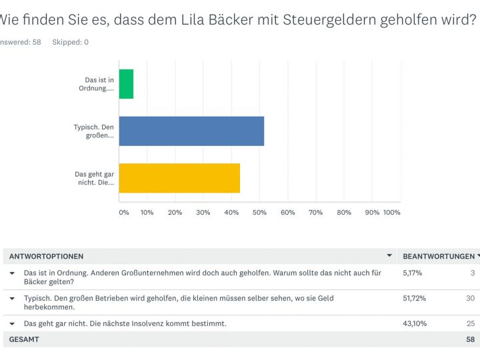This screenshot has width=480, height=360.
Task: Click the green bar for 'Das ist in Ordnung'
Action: (126, 85)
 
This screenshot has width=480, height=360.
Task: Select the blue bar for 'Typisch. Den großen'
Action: (191, 131)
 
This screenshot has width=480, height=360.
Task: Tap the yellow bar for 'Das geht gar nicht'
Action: (179, 178)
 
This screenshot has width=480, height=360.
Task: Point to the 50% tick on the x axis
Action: (259, 212)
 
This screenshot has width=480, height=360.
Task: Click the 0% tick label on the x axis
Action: (124, 212)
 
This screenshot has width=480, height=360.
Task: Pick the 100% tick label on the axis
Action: (392, 212)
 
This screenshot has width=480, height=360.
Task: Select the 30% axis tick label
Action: (203, 212)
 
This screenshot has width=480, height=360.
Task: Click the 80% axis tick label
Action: (344, 212)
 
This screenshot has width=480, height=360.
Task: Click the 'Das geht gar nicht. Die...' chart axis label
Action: (95, 178)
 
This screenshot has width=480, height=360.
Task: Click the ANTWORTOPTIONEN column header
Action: (46, 256)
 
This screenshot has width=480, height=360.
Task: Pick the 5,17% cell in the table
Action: (413, 273)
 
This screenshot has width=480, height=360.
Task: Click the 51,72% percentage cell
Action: (415, 298)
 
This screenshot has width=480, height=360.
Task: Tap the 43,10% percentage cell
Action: (415, 323)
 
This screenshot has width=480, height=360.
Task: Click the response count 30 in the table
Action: (471, 298)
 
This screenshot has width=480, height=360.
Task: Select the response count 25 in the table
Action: (471, 323)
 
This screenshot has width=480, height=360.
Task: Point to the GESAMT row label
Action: (24, 339)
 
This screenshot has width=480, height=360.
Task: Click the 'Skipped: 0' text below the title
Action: (70, 42)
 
